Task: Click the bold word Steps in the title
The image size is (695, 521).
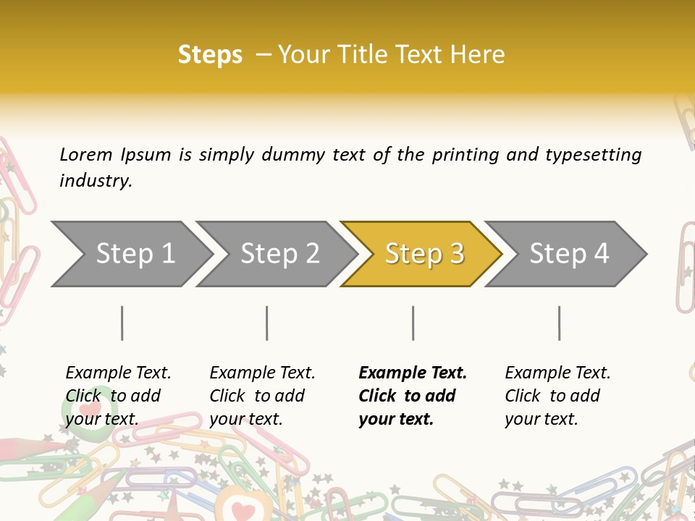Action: click(210, 55)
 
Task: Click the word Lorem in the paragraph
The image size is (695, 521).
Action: click(86, 155)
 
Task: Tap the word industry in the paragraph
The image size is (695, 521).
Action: click(96, 181)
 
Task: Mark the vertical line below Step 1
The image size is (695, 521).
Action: click(122, 323)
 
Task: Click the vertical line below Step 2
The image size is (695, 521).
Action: click(267, 323)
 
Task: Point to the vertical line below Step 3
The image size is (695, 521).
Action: click(413, 323)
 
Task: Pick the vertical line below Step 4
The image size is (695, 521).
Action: click(560, 323)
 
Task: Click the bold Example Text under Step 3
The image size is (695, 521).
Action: click(413, 373)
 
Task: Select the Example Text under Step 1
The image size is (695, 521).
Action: click(118, 373)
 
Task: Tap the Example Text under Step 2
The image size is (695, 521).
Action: click(262, 373)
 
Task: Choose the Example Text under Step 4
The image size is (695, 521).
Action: click(557, 373)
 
